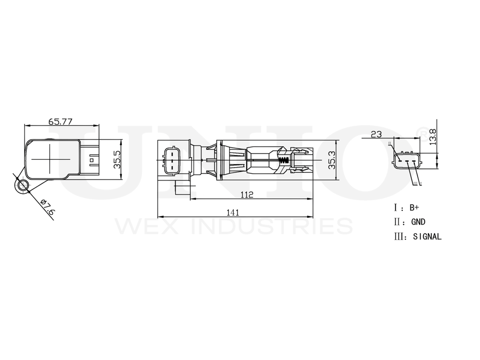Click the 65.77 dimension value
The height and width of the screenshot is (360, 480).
[x=60, y=121]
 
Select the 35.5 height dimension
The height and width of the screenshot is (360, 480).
[x=116, y=160]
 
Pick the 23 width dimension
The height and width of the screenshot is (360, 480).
[x=376, y=134]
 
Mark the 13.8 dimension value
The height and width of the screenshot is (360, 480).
[x=433, y=136]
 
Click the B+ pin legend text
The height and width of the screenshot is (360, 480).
[x=414, y=208]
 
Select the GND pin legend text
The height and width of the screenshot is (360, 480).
[x=418, y=222]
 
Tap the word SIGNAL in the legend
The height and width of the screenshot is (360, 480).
[x=427, y=237]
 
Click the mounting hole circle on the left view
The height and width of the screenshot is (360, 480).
[x=22, y=186]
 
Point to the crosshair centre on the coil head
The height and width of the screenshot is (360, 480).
[x=49, y=157]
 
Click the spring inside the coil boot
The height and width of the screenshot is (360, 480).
[x=284, y=160]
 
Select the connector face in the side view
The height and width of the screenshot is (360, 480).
[x=172, y=160]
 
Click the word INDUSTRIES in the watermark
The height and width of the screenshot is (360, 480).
[x=272, y=226]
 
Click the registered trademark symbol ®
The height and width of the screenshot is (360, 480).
[x=422, y=131]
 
